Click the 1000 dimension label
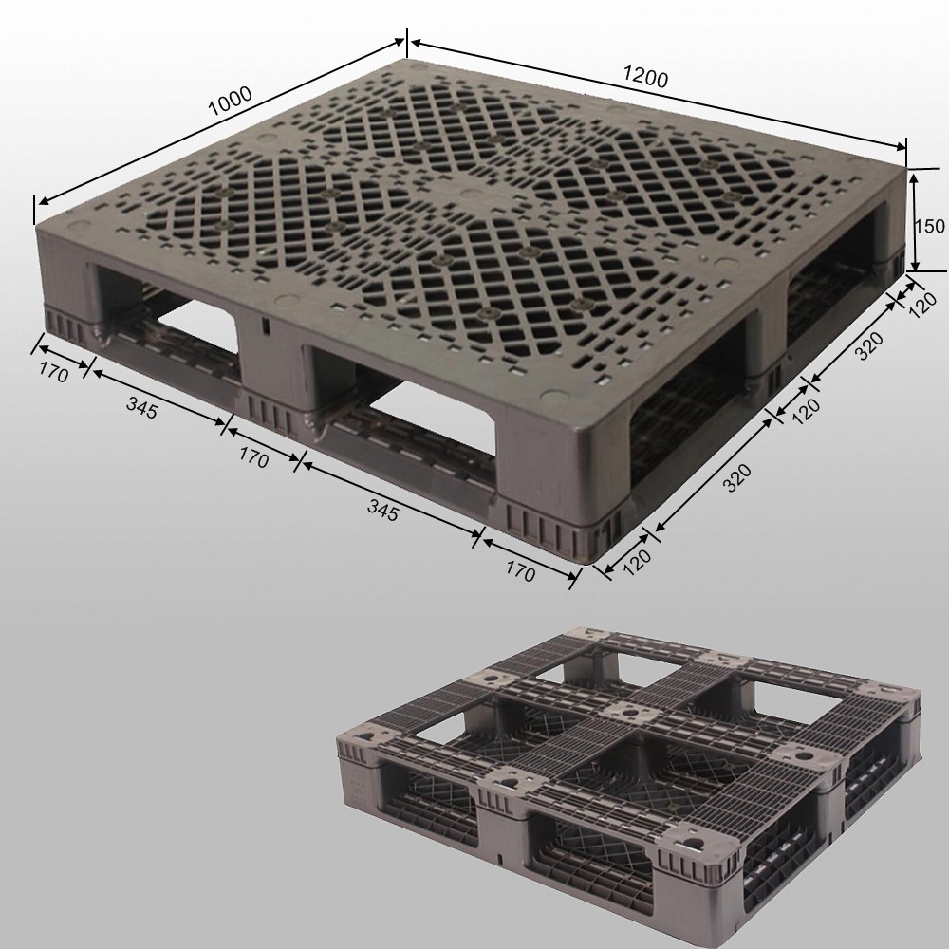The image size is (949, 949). tap(229, 101)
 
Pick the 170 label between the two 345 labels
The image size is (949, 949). tap(253, 458)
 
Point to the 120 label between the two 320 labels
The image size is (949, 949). tap(805, 409)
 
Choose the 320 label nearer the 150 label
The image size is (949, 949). tap(869, 346)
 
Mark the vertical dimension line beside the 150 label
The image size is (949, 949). tap(914, 220)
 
